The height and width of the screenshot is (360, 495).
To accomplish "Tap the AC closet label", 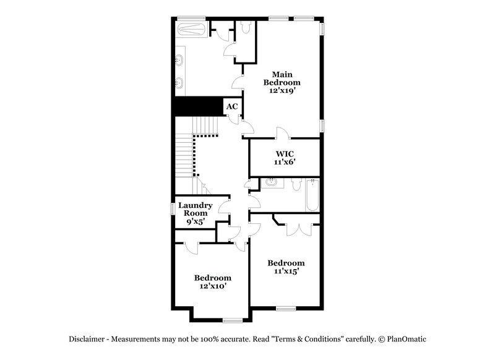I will click(231, 107).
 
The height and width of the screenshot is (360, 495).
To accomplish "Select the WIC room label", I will click(284, 153).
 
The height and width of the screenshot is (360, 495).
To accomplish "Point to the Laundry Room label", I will click(196, 209).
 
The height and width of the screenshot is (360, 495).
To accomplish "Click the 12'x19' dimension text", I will click(282, 90).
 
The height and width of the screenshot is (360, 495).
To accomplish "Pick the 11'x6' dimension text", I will click(284, 162).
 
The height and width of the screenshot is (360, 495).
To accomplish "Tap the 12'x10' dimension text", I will click(212, 286).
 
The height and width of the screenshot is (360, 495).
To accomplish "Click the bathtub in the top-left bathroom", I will click(192, 29).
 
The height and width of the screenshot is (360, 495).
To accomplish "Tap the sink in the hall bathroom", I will click(270, 183).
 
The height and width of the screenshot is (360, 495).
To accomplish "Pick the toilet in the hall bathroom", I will click(295, 184).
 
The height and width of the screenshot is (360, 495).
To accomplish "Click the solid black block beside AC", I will click(197, 106).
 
